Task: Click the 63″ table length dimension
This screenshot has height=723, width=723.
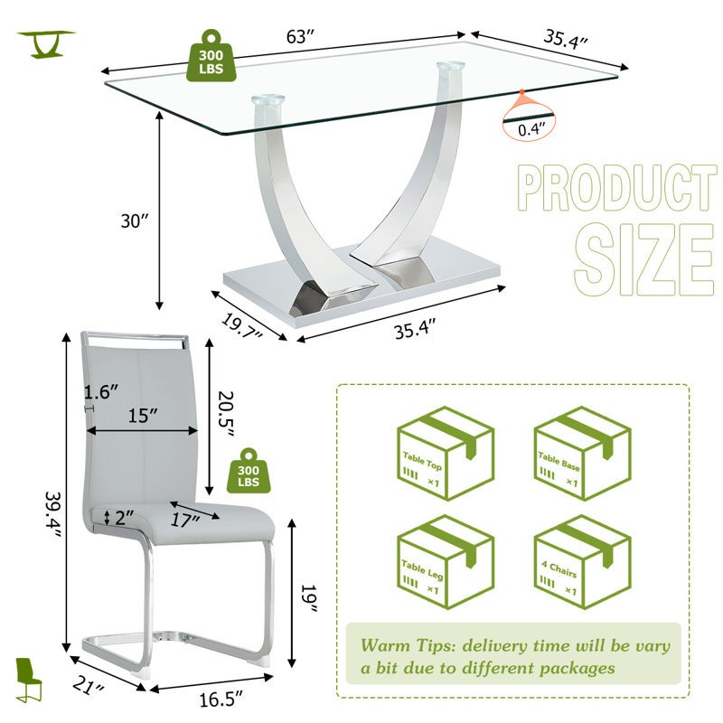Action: (300, 36)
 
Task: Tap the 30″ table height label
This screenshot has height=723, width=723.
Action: (135, 221)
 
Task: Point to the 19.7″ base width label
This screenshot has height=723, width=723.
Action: (241, 326)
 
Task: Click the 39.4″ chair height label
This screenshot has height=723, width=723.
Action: (52, 515)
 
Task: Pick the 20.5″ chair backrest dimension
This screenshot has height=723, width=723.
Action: (226, 414)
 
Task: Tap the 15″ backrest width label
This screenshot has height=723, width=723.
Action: (143, 416)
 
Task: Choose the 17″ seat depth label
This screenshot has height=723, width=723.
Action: (185, 521)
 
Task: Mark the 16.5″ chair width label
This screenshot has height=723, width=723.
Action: (221, 699)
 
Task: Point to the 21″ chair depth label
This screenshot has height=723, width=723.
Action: (89, 687)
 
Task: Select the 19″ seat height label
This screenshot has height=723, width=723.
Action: (309, 598)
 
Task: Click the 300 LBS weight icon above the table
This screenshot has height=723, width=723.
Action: (211, 57)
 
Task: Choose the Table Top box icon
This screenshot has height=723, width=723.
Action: (446, 454)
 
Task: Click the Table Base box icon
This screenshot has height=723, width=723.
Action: (582, 454)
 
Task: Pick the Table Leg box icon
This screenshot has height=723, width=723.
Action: (446, 561)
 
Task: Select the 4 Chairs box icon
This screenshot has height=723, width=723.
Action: (582, 561)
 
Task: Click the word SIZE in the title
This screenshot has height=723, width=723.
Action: (644, 259)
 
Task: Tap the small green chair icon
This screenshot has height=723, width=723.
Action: (28, 680)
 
